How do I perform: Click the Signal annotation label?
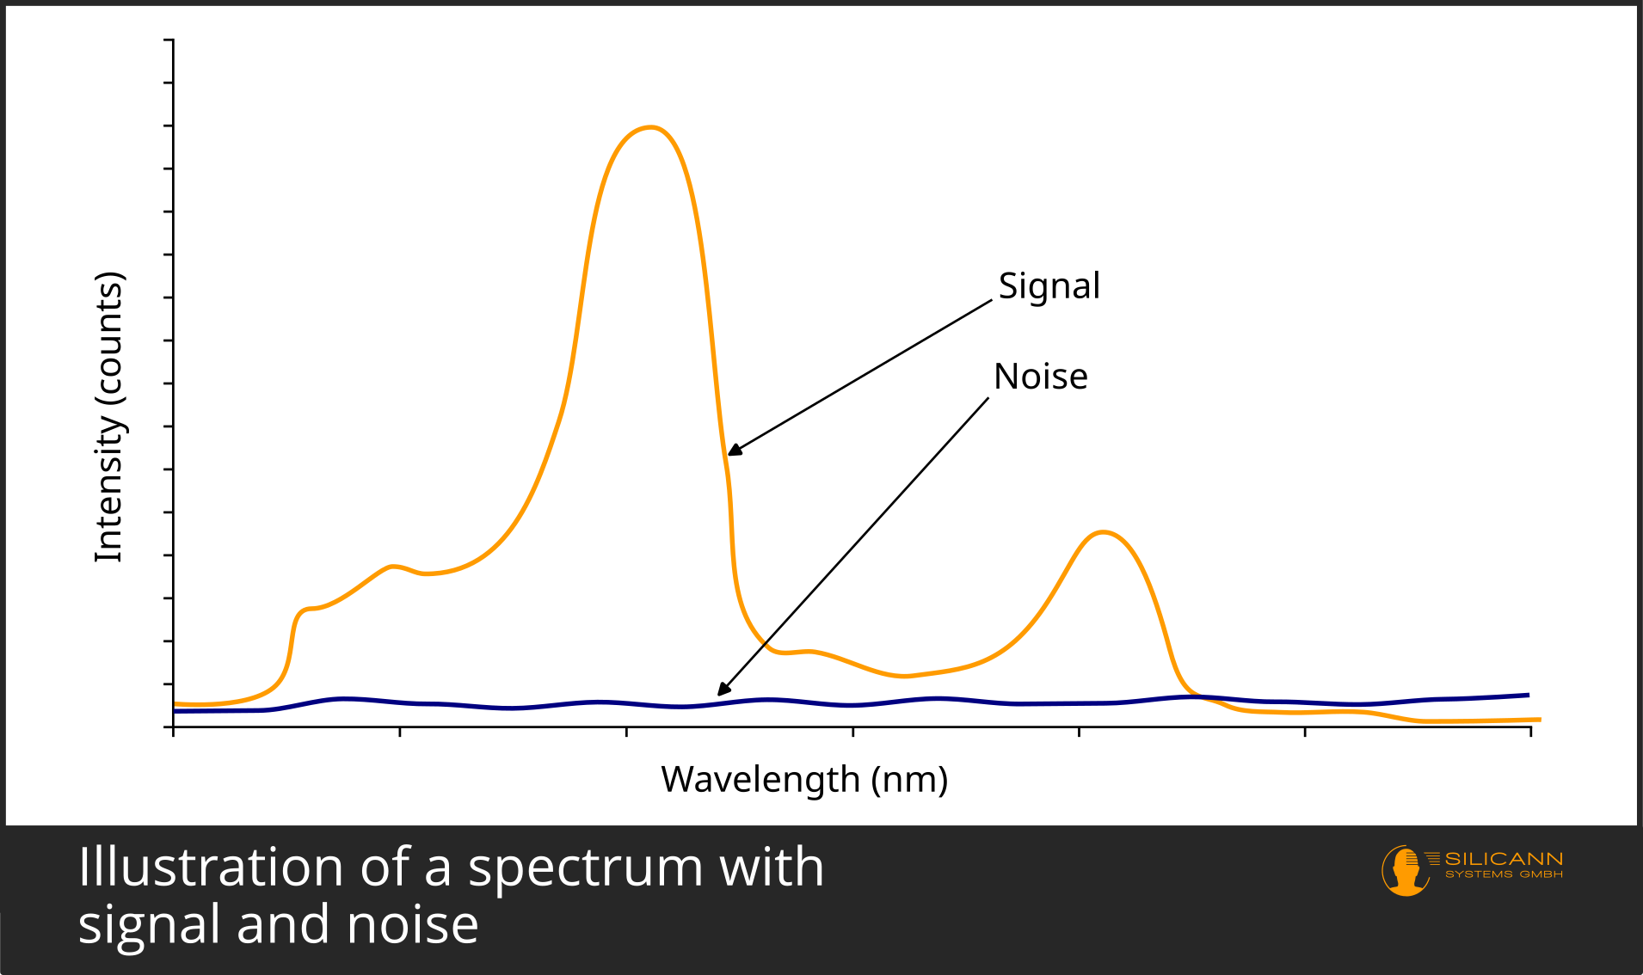(x=1049, y=286)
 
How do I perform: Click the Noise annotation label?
(x=1040, y=377)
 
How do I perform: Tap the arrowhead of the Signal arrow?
(x=732, y=451)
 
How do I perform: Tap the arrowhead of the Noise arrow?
(x=723, y=690)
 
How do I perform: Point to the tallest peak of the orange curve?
(x=650, y=128)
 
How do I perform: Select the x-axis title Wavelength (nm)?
(x=804, y=779)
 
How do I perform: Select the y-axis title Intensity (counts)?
(x=109, y=417)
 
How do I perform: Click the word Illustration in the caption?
(x=211, y=867)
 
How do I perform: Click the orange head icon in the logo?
(x=1405, y=870)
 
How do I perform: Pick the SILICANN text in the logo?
(x=1503, y=859)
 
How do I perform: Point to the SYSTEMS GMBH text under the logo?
(x=1504, y=874)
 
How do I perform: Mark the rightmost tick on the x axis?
(x=1530, y=731)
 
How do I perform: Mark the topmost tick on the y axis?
(x=169, y=40)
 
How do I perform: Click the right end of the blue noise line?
(x=1528, y=695)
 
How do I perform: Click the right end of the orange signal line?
(x=1539, y=720)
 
